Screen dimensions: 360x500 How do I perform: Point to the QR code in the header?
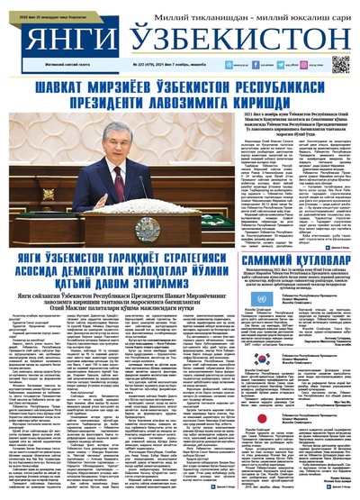click(340, 64)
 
